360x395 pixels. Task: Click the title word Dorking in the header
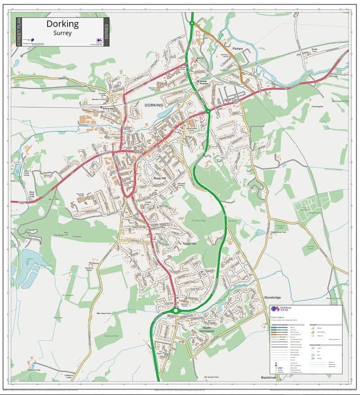(63, 24)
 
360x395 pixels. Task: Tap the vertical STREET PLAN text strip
(19, 32)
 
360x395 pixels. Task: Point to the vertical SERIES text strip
(106, 32)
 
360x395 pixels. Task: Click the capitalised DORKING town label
(153, 104)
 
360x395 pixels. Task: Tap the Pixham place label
(238, 49)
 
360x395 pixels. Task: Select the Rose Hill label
(160, 178)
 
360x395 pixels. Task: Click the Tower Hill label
(190, 243)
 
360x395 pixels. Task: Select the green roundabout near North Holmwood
(175, 310)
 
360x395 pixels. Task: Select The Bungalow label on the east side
(318, 106)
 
